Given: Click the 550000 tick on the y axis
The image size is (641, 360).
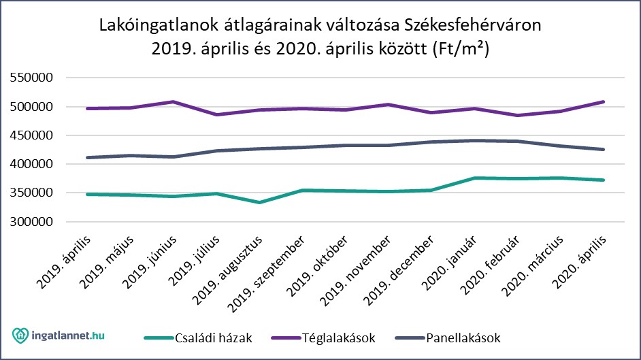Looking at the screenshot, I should tap(33, 78).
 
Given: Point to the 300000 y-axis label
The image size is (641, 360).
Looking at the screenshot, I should tap(33, 222).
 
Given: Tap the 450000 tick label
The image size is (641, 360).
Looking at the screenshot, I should tap(33, 135).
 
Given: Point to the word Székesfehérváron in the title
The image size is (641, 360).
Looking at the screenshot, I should tap(474, 27).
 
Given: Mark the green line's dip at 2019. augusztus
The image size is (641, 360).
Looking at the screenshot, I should tap(259, 202).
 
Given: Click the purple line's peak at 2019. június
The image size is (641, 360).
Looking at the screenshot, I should tap(174, 102).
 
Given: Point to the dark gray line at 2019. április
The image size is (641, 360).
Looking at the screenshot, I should tap(88, 157).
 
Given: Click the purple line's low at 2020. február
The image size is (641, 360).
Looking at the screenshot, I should tap(518, 115).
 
